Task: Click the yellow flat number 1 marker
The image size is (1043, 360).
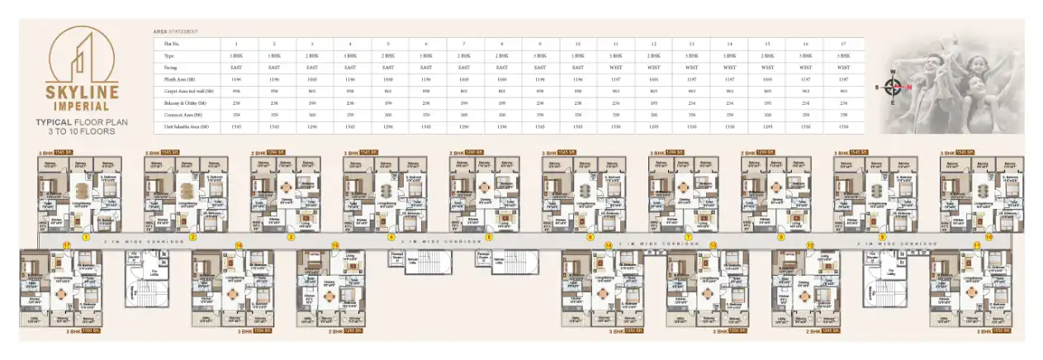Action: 85,237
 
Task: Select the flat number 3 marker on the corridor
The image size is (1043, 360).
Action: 291,237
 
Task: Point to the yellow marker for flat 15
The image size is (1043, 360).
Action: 335,245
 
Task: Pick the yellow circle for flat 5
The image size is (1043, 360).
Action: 489,237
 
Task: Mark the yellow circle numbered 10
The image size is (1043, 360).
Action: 988,237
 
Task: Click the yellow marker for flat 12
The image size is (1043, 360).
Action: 810,246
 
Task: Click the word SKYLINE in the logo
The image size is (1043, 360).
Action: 83,91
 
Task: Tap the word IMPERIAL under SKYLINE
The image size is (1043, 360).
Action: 83,105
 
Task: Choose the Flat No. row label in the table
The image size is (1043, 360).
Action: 173,43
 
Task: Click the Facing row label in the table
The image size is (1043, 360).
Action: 170,67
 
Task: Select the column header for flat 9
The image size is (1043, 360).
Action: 540,43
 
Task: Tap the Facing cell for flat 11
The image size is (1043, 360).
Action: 616,67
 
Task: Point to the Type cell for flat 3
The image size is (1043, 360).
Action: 312,55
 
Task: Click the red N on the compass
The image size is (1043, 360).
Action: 909,86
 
